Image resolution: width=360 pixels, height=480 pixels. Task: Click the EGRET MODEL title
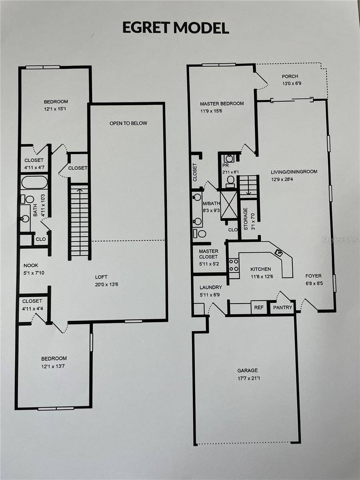tap(176, 28)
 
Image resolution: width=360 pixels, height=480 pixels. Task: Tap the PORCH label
tap(290, 76)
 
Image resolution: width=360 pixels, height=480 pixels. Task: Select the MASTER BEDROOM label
tap(222, 104)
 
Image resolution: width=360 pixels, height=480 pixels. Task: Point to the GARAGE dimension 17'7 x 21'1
tap(249, 378)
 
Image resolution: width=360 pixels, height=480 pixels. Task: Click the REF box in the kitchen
tap(259, 307)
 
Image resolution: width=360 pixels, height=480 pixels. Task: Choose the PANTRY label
tap(283, 308)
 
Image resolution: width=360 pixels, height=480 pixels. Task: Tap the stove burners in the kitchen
tap(234, 265)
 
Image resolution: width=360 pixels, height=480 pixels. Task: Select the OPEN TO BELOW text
tap(128, 123)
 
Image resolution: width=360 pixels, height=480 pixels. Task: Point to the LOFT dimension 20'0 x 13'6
tap(106, 284)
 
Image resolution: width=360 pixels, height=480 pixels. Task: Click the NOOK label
tap(31, 265)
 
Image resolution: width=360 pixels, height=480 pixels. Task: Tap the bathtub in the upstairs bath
tap(34, 183)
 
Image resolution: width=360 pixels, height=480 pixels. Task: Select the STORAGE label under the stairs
tap(246, 219)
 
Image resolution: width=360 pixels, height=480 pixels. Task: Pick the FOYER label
tap(314, 276)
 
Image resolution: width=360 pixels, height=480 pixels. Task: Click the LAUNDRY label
tap(211, 287)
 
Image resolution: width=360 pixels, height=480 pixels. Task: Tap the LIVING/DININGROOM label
tap(294, 172)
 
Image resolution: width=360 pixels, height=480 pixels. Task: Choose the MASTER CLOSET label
tap(208, 254)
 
